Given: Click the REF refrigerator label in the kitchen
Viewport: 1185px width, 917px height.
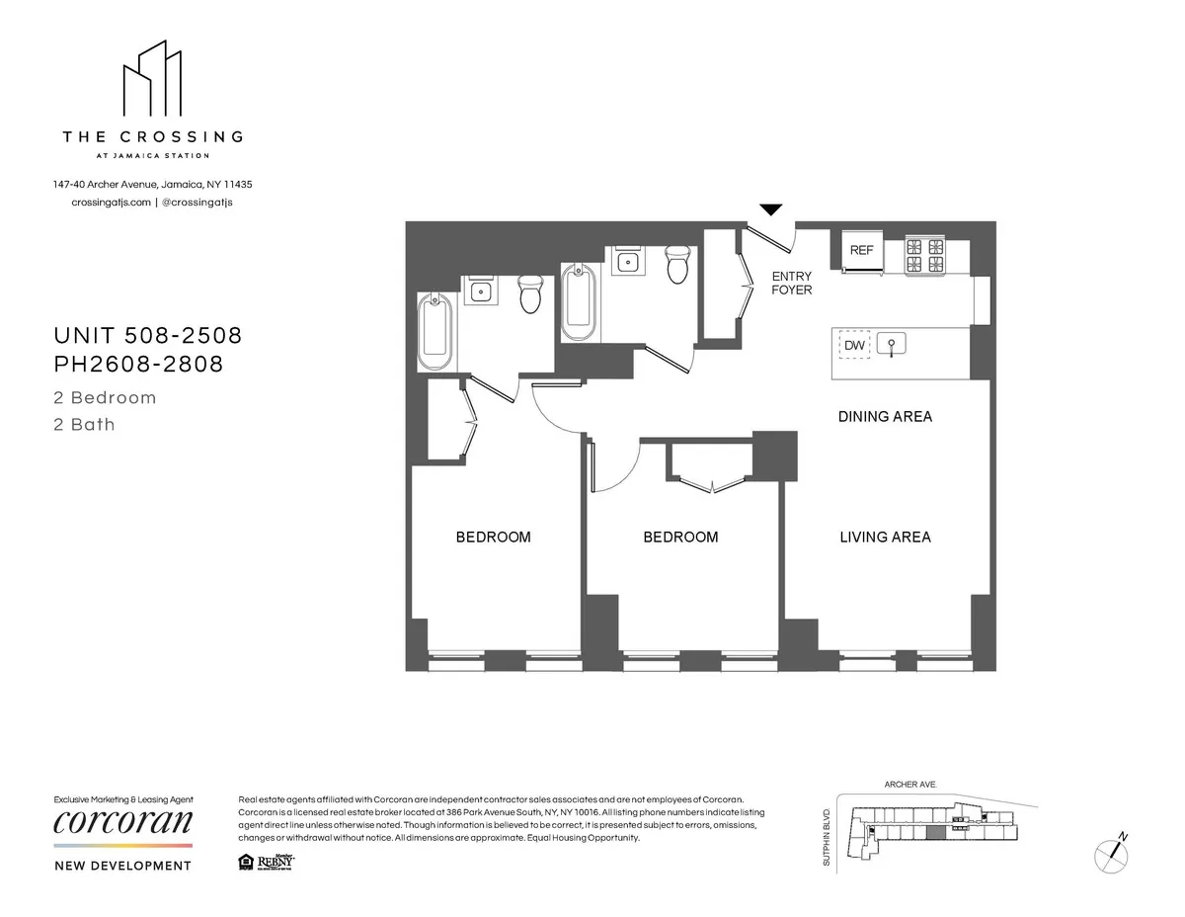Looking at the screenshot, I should pyautogui.click(x=861, y=251).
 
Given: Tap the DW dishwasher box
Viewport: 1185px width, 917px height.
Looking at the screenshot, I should pyautogui.click(x=854, y=346).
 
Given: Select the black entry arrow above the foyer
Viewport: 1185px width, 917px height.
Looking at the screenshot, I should pyautogui.click(x=770, y=209).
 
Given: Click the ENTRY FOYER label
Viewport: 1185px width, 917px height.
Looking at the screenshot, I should pyautogui.click(x=791, y=283).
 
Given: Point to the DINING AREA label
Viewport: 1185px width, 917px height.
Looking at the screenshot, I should pyautogui.click(x=885, y=417).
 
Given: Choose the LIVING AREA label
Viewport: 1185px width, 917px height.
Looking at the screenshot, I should pyautogui.click(x=885, y=538).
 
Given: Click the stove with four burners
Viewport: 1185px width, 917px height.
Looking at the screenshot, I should pyautogui.click(x=925, y=257).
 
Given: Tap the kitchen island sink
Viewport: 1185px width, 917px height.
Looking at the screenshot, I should pyautogui.click(x=893, y=346).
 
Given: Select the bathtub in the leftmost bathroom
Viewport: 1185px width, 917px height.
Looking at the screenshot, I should pyautogui.click(x=435, y=331).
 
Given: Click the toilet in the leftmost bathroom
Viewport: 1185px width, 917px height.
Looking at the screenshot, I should pyautogui.click(x=530, y=293).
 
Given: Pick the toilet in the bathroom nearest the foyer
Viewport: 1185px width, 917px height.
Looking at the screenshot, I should pyautogui.click(x=677, y=264).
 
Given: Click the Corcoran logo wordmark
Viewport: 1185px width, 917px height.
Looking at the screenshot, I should pyautogui.click(x=122, y=822).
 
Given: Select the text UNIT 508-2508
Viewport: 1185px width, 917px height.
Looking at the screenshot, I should pyautogui.click(x=147, y=336).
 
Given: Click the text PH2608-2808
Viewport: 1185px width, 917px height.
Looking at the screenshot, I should pyautogui.click(x=138, y=365).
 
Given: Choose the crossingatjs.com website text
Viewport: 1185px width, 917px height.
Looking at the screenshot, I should pyautogui.click(x=111, y=203).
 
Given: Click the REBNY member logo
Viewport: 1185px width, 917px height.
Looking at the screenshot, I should pyautogui.click(x=276, y=863).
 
